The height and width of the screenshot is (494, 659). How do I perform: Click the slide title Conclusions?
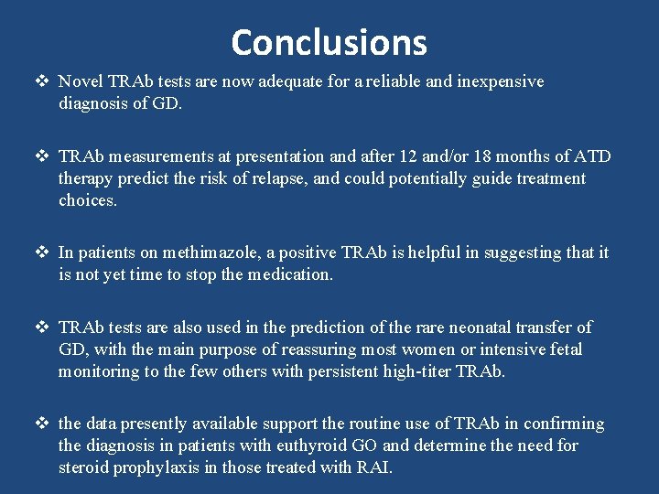pyautogui.click(x=329, y=42)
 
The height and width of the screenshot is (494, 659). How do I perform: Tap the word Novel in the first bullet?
pyautogui.click(x=80, y=81)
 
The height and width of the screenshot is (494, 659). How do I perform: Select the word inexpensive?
pyautogui.click(x=498, y=81)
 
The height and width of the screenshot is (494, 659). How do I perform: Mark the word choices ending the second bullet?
pyautogui.click(x=87, y=200)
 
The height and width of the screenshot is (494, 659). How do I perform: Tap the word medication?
pyautogui.click(x=290, y=274)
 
